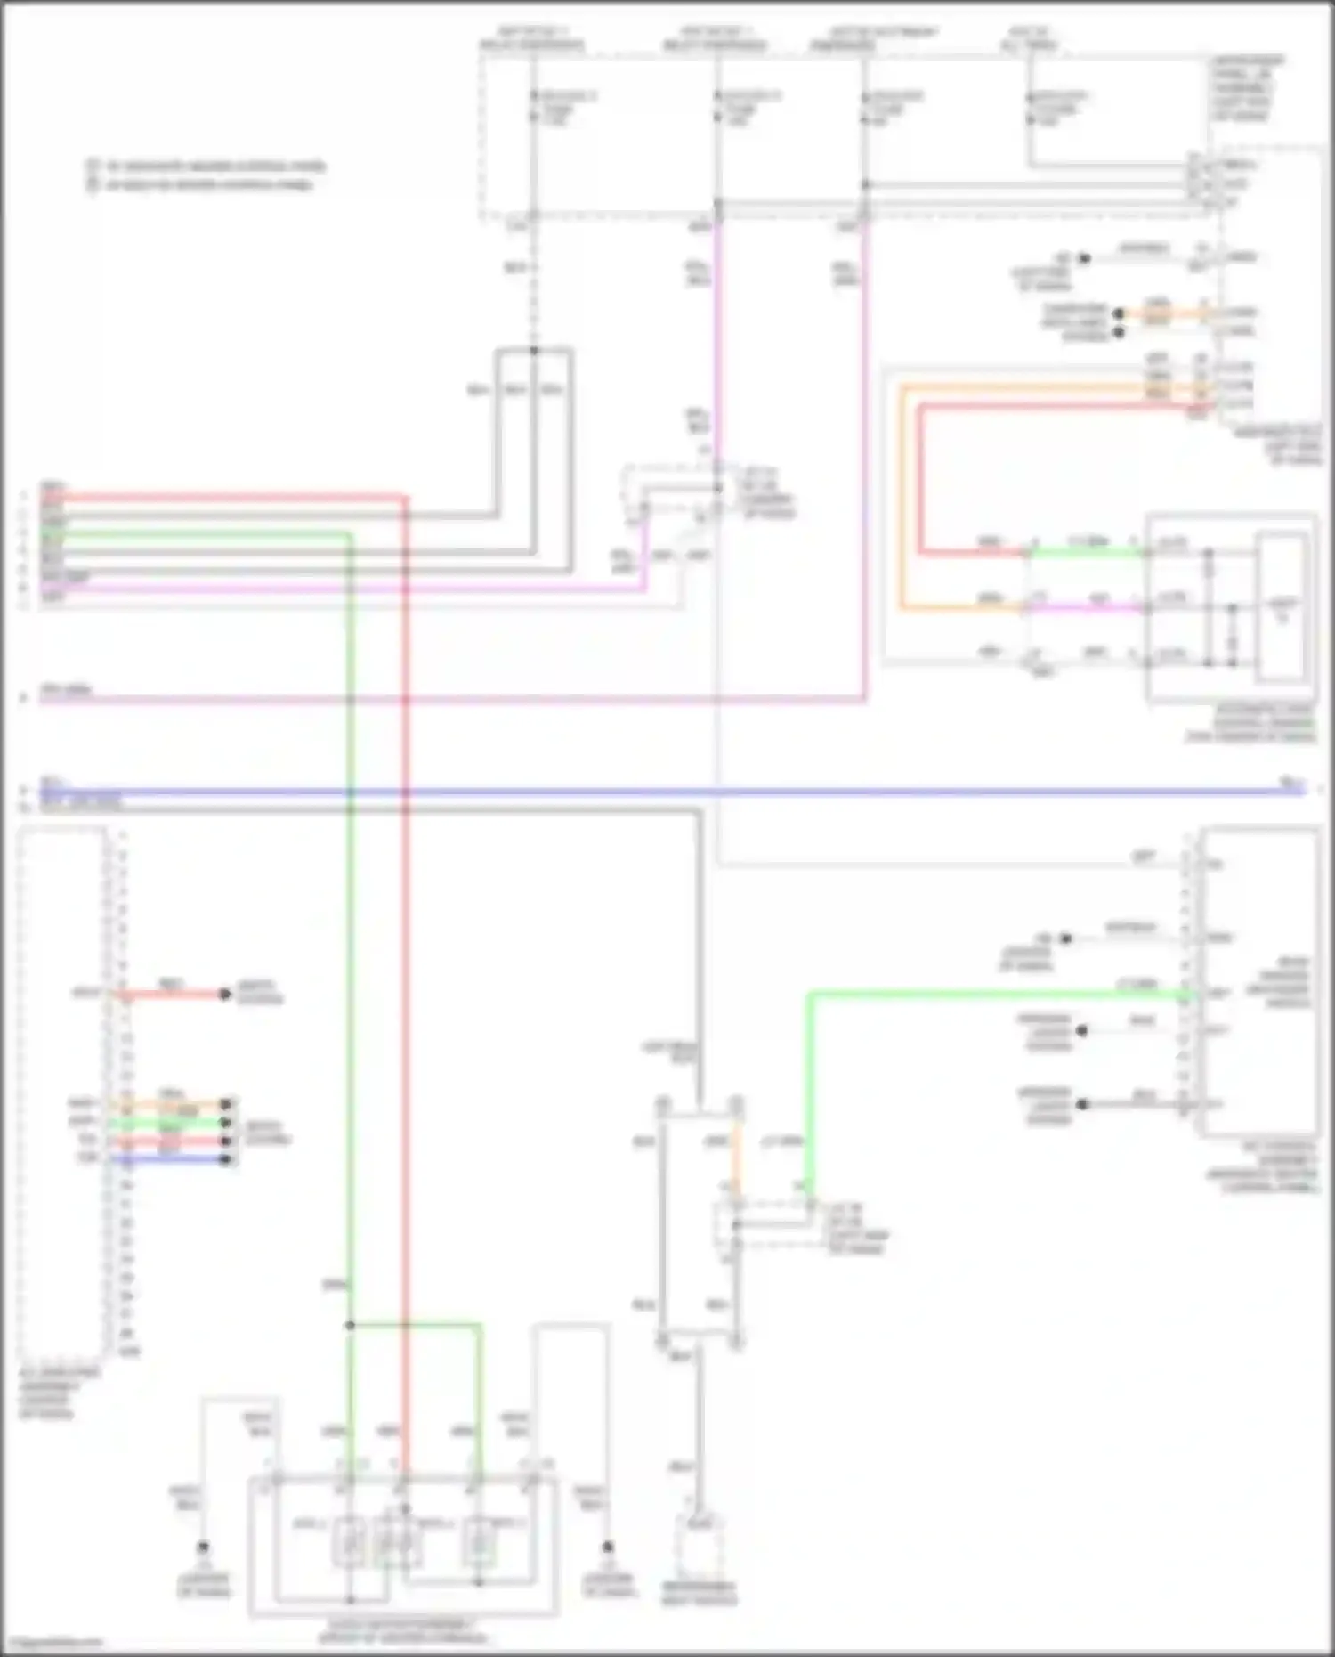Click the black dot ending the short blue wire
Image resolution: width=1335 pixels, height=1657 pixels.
[x=226, y=1159]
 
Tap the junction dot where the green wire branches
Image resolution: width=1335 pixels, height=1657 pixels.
[x=350, y=1326]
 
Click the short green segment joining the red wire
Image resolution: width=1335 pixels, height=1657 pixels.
[x=1086, y=553]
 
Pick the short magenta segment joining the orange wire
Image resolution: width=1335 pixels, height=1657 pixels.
[x=1086, y=609]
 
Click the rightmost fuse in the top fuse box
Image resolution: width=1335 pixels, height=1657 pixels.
[x=1030, y=107]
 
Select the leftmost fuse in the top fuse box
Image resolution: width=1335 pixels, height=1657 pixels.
[x=533, y=107]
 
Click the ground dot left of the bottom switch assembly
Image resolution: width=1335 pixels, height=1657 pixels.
[x=203, y=1547]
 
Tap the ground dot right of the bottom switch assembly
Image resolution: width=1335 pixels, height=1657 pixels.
[x=608, y=1547]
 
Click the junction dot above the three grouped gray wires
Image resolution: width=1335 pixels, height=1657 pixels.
[x=534, y=350]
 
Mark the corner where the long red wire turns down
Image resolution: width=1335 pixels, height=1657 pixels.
[x=405, y=498]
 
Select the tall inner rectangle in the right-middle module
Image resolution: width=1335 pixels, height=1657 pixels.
[x=1282, y=608]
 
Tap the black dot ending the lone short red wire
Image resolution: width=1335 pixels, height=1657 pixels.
[x=225, y=994]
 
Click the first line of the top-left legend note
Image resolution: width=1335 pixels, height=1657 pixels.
[x=214, y=167]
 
